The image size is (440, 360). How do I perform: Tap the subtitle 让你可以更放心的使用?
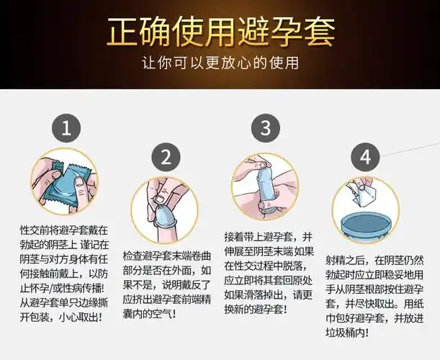pyautogui.click(x=220, y=63)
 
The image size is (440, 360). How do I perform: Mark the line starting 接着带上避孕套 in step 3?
pyautogui.click(x=266, y=237)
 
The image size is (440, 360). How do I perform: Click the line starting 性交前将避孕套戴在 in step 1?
pyautogui.click(x=65, y=230)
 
